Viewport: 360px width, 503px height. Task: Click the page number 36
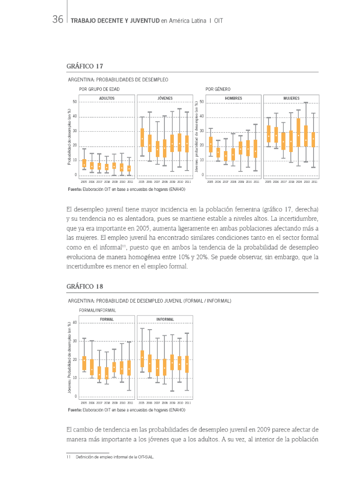click(x=58, y=20)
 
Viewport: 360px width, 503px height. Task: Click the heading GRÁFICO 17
click(x=85, y=66)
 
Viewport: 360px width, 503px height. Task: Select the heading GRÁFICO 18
click(x=85, y=287)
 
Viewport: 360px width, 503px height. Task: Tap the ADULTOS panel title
click(x=107, y=99)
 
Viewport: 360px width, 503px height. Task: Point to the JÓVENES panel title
click(x=165, y=99)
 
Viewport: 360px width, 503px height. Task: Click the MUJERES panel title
click(x=291, y=99)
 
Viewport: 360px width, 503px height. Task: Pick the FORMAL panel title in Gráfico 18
click(x=107, y=319)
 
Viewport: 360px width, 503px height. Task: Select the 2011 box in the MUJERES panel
click(x=313, y=139)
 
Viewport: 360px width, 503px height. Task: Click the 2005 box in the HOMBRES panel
click(x=210, y=144)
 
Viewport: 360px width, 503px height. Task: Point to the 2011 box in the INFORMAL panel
click(x=187, y=364)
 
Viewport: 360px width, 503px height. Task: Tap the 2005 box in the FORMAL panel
click(x=84, y=363)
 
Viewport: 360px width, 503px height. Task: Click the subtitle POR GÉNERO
click(x=218, y=89)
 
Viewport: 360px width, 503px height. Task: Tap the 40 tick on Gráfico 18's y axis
click(x=75, y=323)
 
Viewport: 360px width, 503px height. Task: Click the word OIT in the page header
click(x=218, y=20)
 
